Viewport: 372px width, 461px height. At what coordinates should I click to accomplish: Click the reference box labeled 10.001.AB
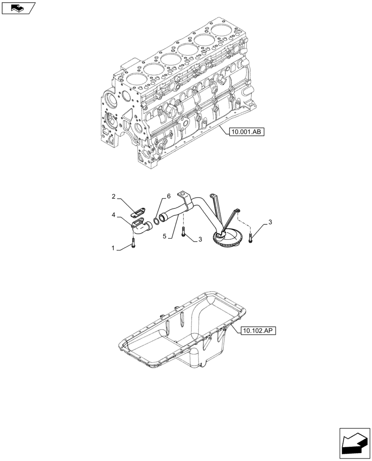click(x=245, y=132)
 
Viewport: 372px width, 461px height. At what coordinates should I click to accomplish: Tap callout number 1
click(x=113, y=248)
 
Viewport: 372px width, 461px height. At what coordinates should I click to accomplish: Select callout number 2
click(x=113, y=197)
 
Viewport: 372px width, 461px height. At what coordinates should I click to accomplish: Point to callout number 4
click(x=113, y=214)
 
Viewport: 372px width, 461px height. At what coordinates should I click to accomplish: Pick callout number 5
click(x=164, y=236)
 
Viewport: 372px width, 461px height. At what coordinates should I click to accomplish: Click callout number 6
click(x=169, y=196)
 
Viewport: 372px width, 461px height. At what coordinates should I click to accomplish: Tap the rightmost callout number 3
click(x=270, y=222)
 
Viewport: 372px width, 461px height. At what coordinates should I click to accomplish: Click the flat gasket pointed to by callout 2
click(x=138, y=212)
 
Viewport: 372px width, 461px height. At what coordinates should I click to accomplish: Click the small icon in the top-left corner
click(x=18, y=7)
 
